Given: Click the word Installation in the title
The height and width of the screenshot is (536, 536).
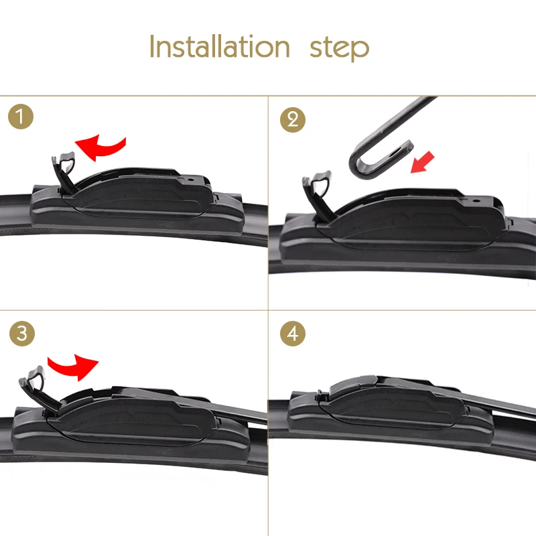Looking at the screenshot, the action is point(220,46).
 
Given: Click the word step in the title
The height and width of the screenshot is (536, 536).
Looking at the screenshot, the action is point(339,49).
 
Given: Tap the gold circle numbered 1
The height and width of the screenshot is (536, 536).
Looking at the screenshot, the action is point(21,117).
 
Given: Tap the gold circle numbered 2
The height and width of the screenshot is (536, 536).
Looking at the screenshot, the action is point(293,120).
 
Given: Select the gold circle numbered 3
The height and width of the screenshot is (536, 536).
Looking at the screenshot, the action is point(22,333).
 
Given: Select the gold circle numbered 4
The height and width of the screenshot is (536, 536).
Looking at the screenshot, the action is point(293,333).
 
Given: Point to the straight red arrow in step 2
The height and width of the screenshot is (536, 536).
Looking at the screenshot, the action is point(423,162).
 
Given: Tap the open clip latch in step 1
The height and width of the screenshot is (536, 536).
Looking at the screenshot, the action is point(64,173).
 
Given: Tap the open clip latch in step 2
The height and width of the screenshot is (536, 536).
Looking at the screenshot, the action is point(317,195).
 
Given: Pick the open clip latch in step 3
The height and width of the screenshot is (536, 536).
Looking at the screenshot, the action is point(38,388).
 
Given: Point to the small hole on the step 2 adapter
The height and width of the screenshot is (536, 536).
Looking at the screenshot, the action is point(474,200).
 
